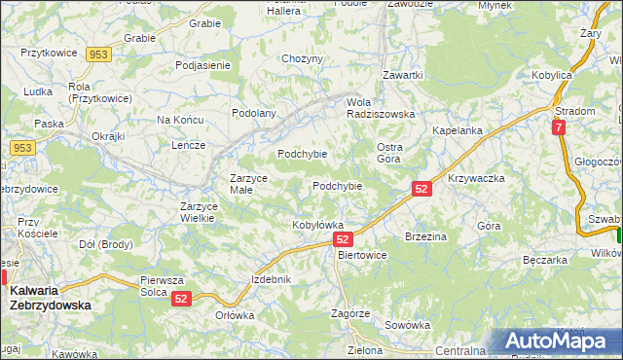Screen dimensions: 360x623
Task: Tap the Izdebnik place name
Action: (271, 279)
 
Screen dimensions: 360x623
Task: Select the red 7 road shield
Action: (558, 127)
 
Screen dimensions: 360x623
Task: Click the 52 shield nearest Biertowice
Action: (342, 238)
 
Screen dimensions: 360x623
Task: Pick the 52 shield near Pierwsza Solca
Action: (181, 301)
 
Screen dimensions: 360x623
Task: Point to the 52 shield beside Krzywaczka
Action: (421, 189)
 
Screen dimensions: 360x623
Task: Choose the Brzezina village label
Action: (425, 236)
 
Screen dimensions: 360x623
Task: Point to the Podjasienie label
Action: (202, 65)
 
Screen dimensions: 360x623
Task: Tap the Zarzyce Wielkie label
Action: (204, 212)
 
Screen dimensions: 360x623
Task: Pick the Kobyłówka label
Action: (318, 225)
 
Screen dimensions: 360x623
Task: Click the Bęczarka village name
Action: (544, 260)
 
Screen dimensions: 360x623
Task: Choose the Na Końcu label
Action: (179, 120)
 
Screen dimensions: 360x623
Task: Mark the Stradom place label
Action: (575, 111)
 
